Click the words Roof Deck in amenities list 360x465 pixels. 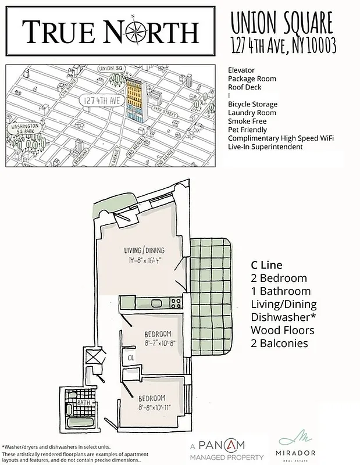pos(244,87)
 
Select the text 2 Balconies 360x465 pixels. pos(280,344)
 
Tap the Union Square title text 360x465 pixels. pos(282,23)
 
